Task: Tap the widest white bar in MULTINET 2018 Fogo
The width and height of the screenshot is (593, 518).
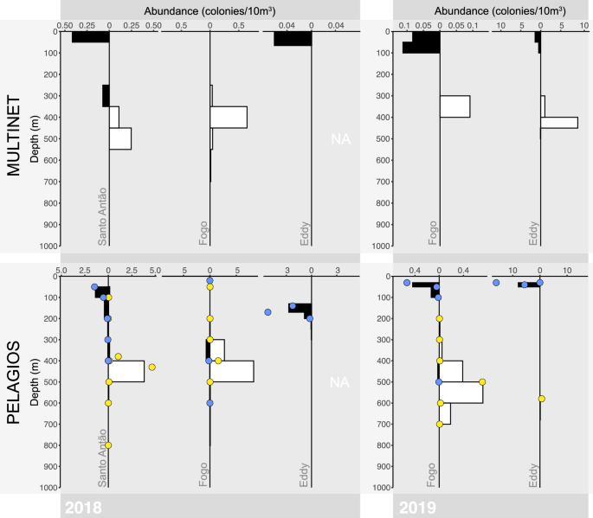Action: coord(228,117)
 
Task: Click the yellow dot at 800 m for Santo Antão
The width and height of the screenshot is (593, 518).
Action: coord(108,445)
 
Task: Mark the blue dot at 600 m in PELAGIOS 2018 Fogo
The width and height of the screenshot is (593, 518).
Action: coord(209,403)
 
